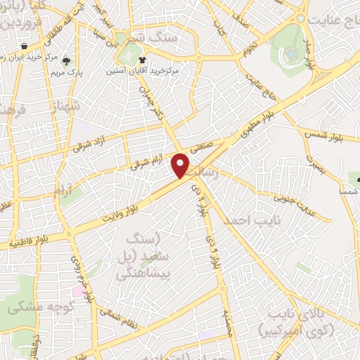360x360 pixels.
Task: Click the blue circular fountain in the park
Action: pyautogui.click(x=291, y=53)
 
